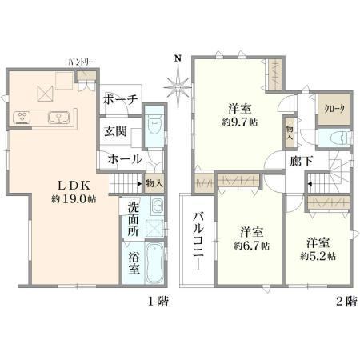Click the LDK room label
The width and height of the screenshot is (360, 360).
click(74, 186)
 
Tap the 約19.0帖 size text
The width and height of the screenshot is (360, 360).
click(74, 199)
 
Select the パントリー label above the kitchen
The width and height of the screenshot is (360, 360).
click(81, 62)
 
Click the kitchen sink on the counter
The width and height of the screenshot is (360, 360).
click(58, 118)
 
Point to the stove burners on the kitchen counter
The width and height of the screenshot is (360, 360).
click(22, 118)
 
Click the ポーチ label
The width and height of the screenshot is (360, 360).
click(121, 99)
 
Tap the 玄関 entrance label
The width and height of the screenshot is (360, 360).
click(115, 131)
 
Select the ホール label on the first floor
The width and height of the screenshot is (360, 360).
click(125, 159)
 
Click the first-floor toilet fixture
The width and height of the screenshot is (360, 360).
click(154, 126)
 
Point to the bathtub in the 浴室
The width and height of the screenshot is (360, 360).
click(154, 262)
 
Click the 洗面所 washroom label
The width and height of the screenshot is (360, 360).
click(133, 219)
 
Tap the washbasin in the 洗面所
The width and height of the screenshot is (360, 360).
click(157, 206)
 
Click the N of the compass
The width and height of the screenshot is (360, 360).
click(178, 58)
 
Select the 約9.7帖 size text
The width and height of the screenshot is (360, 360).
click(240, 122)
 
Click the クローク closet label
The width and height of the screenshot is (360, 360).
click(334, 109)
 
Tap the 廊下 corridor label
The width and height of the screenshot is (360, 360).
click(302, 162)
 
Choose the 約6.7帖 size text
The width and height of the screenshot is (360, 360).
click(252, 246)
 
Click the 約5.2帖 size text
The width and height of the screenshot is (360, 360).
click(318, 256)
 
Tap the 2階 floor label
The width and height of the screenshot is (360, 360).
click(346, 302)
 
